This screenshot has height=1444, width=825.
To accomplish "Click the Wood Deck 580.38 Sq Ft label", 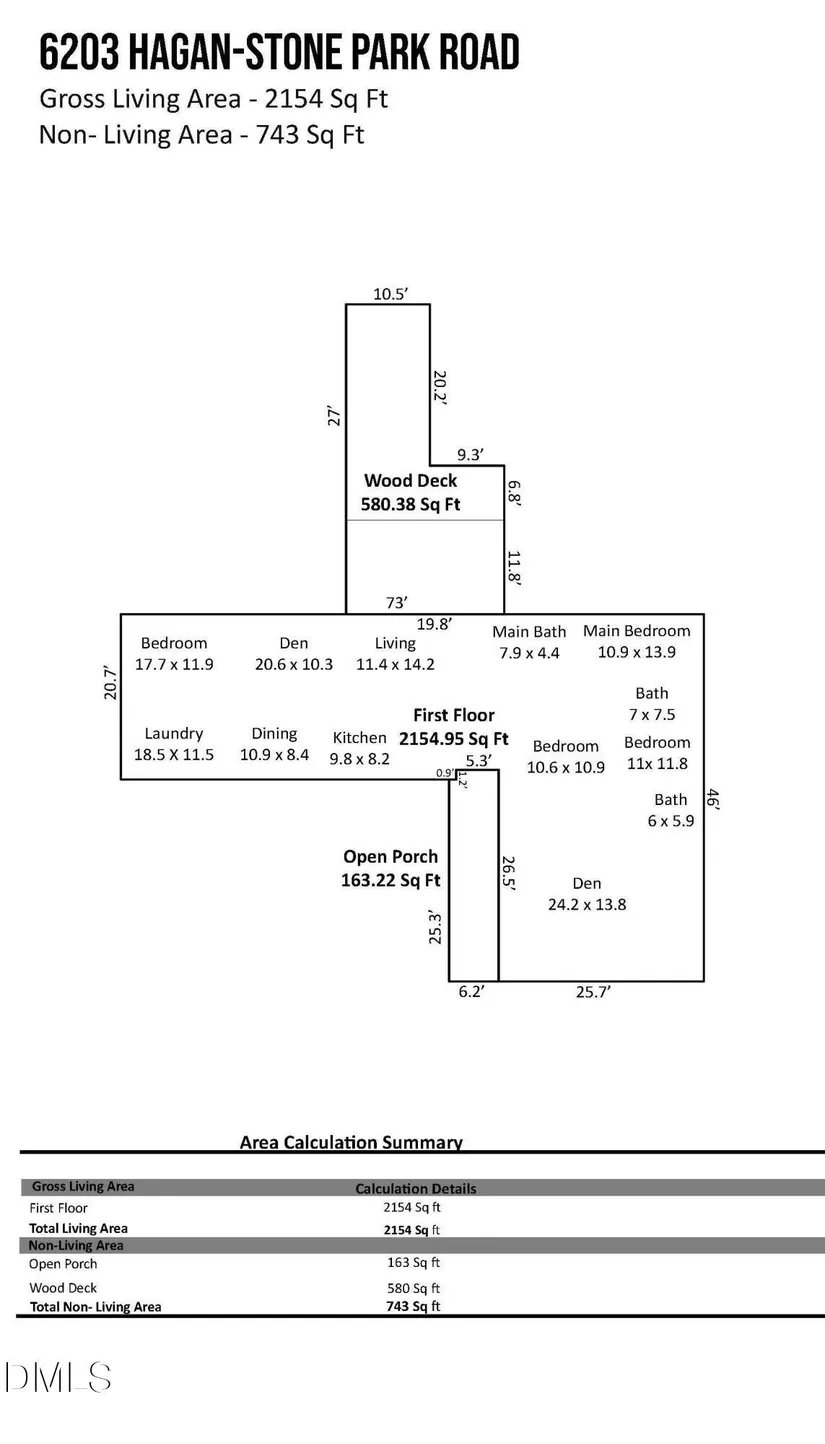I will pos(410,492).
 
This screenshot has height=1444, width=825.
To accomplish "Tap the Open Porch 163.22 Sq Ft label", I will pos(391,868).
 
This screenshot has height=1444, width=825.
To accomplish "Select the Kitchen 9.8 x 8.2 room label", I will pos(360,748).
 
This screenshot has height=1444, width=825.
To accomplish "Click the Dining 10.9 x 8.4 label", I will pos(274,744).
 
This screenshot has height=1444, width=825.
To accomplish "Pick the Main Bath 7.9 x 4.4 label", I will pos(529,642).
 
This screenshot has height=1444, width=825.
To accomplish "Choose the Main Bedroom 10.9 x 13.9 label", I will pos(637,641).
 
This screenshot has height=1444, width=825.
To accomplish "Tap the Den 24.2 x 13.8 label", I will pos(587,893).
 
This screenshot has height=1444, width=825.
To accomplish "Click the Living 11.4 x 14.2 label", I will pos(395,653).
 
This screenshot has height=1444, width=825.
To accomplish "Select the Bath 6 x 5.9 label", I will pos(671,810).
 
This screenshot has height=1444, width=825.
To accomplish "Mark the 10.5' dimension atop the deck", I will pos(390,293).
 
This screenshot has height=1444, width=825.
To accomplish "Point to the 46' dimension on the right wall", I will pos(713,799).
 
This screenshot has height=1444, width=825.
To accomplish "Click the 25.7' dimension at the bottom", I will pos(593,992).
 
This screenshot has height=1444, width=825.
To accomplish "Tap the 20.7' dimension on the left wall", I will pos(111,683).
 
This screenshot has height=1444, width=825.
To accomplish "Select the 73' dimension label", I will pos(397,602).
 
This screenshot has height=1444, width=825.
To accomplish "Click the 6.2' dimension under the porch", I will pos(471,992).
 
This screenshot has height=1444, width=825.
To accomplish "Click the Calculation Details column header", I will pos(416,1189).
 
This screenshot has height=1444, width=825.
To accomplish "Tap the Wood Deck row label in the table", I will pos(63,1288).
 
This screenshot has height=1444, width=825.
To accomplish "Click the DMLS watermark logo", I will pos(57,1378).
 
